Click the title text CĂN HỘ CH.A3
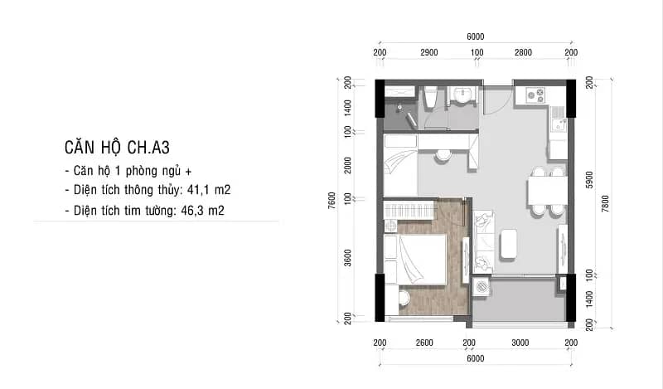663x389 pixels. click(x=117, y=148)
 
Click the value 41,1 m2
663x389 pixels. click(x=209, y=190)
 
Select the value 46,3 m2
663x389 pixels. click(x=202, y=211)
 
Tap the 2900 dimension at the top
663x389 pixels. click(x=428, y=52)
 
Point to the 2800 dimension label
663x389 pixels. click(x=523, y=52)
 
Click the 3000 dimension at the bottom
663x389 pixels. click(x=520, y=343)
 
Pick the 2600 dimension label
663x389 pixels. click(x=424, y=343)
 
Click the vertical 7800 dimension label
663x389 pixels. click(x=605, y=203)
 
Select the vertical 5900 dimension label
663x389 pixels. click(x=589, y=180)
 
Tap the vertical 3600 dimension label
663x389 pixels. click(x=347, y=258)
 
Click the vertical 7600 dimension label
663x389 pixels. click(x=331, y=200)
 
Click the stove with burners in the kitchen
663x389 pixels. click(x=535, y=95)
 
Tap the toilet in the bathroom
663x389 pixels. click(x=430, y=99)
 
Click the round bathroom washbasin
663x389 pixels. click(x=462, y=95)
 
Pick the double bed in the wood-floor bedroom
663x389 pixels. click(x=416, y=259)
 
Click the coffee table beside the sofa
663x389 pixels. click(x=508, y=244)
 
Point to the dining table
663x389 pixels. click(x=547, y=192)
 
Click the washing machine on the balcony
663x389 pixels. click(x=482, y=286)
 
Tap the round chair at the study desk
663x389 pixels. click(x=443, y=155)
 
